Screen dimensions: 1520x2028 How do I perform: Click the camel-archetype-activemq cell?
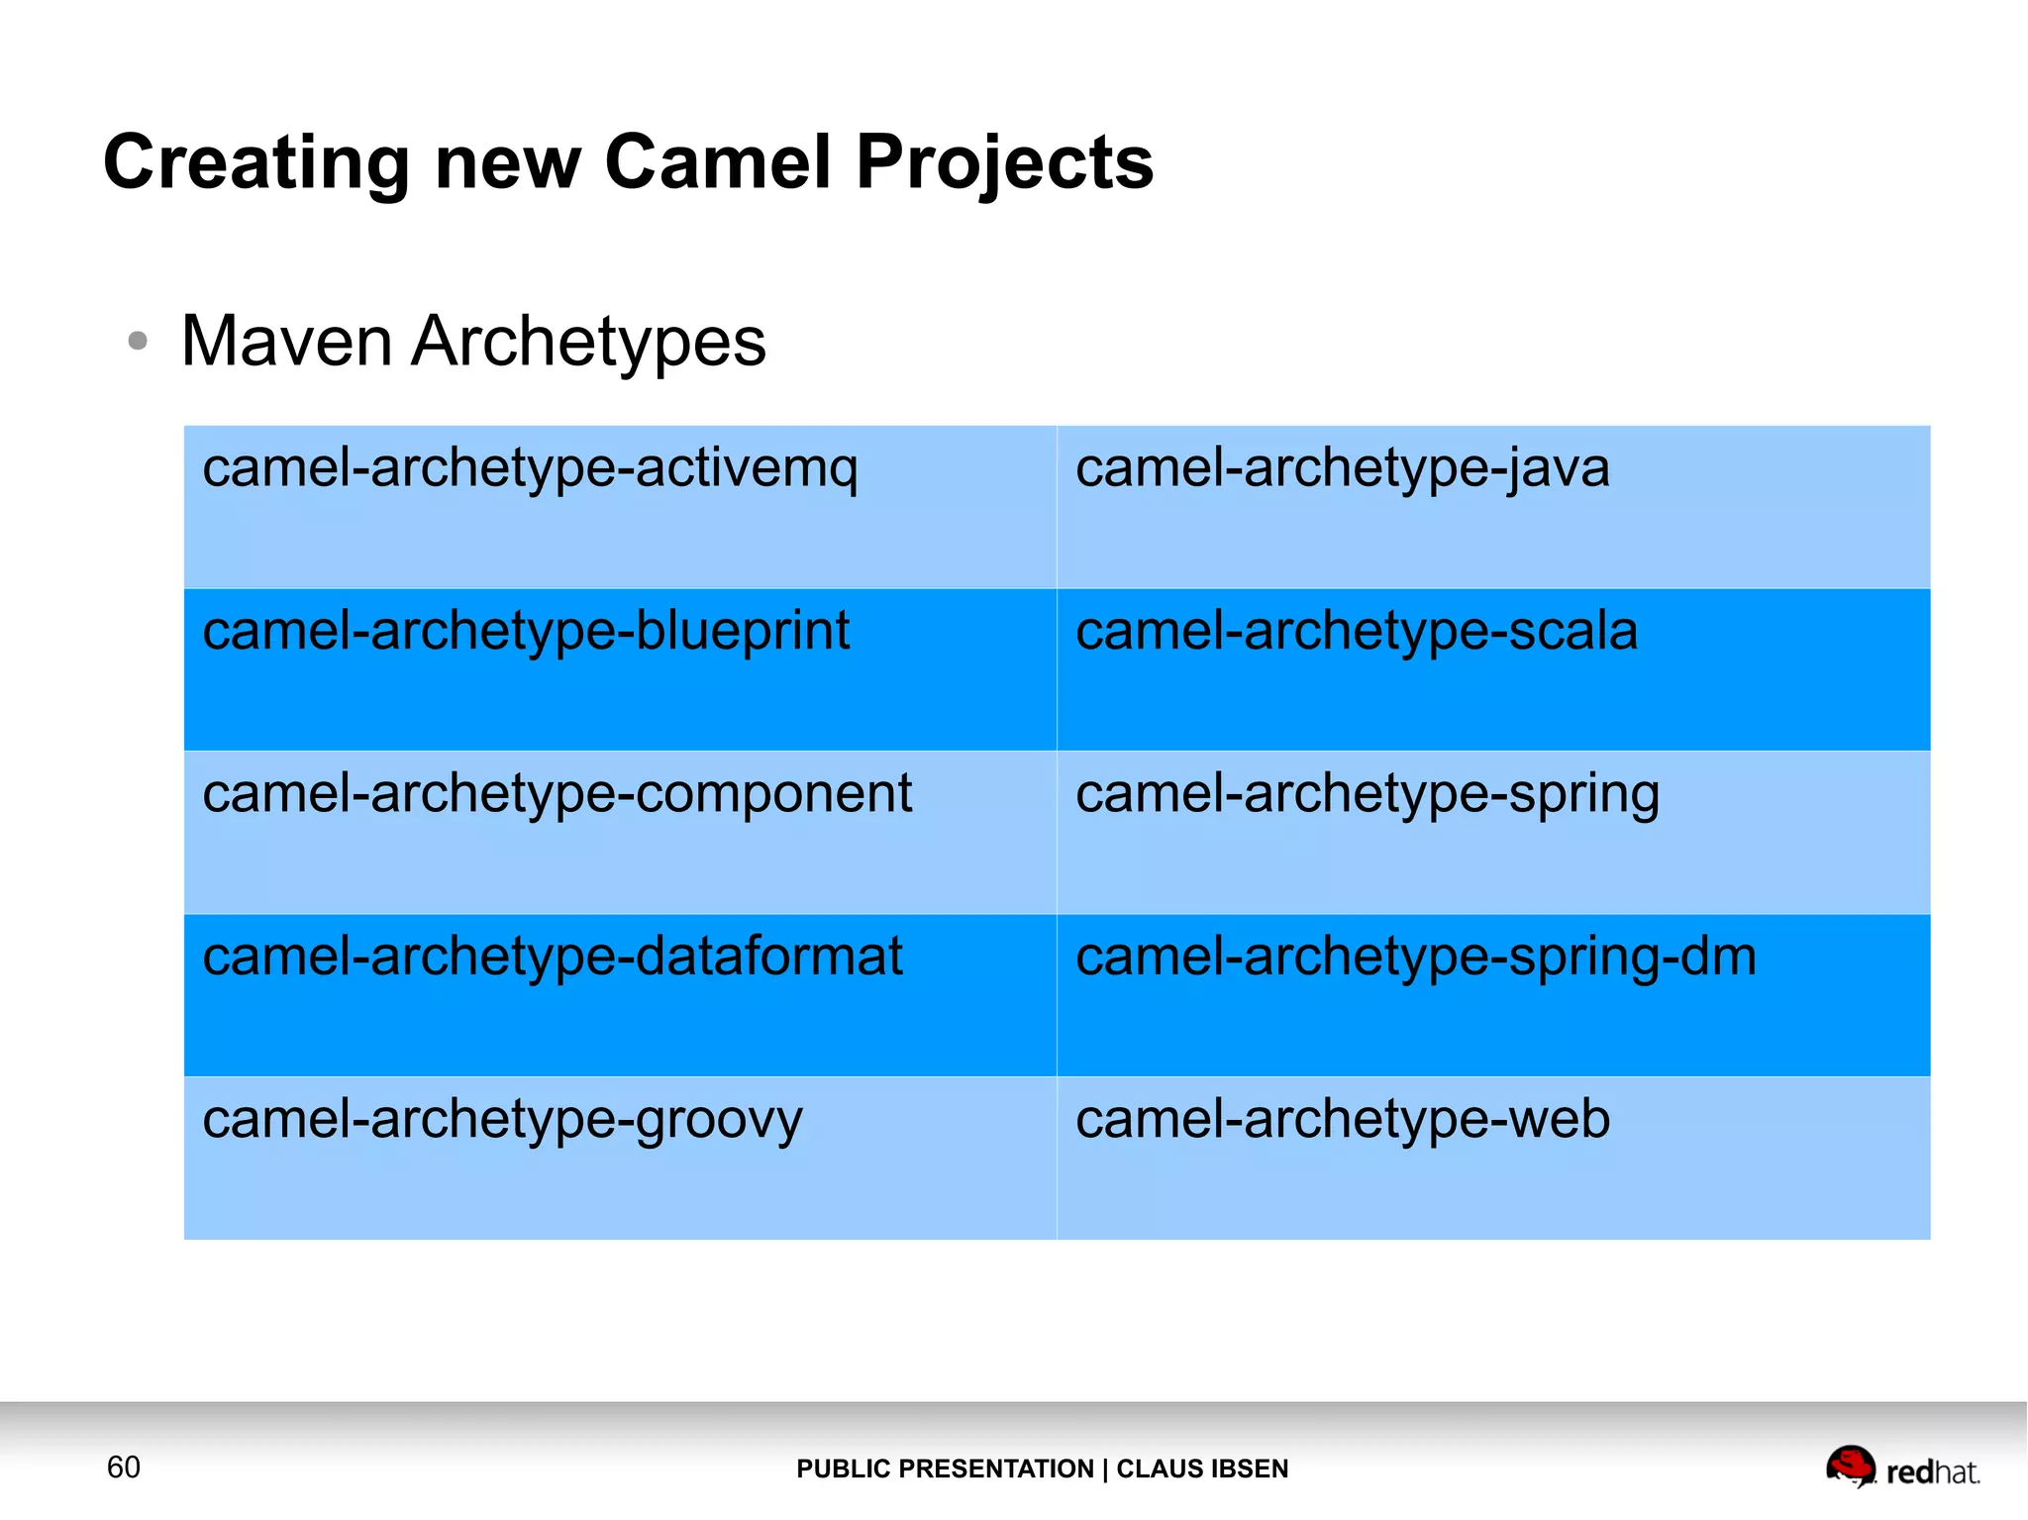[x=530, y=468]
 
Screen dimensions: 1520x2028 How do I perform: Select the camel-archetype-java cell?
[x=1342, y=468]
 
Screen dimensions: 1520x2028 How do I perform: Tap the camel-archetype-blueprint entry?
[x=526, y=631]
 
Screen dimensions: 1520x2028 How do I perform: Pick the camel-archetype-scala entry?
[x=1356, y=631]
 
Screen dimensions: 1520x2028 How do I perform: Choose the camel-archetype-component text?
[x=557, y=793]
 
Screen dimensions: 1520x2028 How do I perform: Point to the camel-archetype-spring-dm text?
[x=1415, y=957]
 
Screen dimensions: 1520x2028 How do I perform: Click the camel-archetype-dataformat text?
[x=553, y=957]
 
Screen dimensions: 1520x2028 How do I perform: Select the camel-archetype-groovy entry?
[x=502, y=1120]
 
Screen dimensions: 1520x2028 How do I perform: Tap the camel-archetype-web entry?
[x=1342, y=1120]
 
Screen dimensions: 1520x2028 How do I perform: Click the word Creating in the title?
[x=256, y=163]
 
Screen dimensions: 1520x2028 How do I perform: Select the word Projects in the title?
[x=1004, y=163]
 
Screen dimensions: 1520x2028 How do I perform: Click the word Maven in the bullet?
[x=287, y=342]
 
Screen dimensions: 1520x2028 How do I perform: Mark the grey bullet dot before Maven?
[x=138, y=342]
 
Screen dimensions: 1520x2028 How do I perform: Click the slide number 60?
[x=124, y=1467]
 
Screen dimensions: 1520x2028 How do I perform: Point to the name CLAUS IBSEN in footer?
[x=1202, y=1469]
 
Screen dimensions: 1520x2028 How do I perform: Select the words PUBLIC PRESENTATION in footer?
[x=945, y=1469]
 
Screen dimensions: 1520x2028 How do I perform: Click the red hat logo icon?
[x=1850, y=1466]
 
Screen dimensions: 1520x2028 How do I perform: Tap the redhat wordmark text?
[x=1932, y=1472]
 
